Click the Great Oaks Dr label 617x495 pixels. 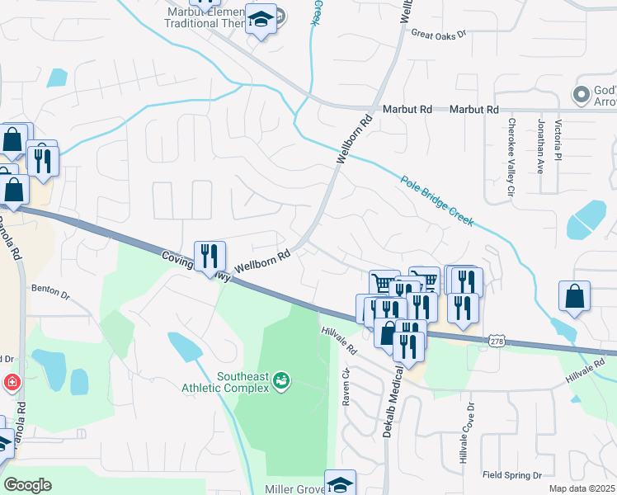[439, 35]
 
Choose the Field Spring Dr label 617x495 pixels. [511, 476]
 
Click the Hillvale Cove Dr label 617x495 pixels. [471, 432]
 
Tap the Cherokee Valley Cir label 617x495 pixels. [511, 157]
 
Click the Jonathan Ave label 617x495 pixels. [541, 145]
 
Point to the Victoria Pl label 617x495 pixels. [558, 139]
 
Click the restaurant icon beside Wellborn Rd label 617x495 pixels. [210, 256]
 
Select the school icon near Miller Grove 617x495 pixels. [339, 483]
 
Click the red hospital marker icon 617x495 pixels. [12, 382]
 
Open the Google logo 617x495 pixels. [27, 485]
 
